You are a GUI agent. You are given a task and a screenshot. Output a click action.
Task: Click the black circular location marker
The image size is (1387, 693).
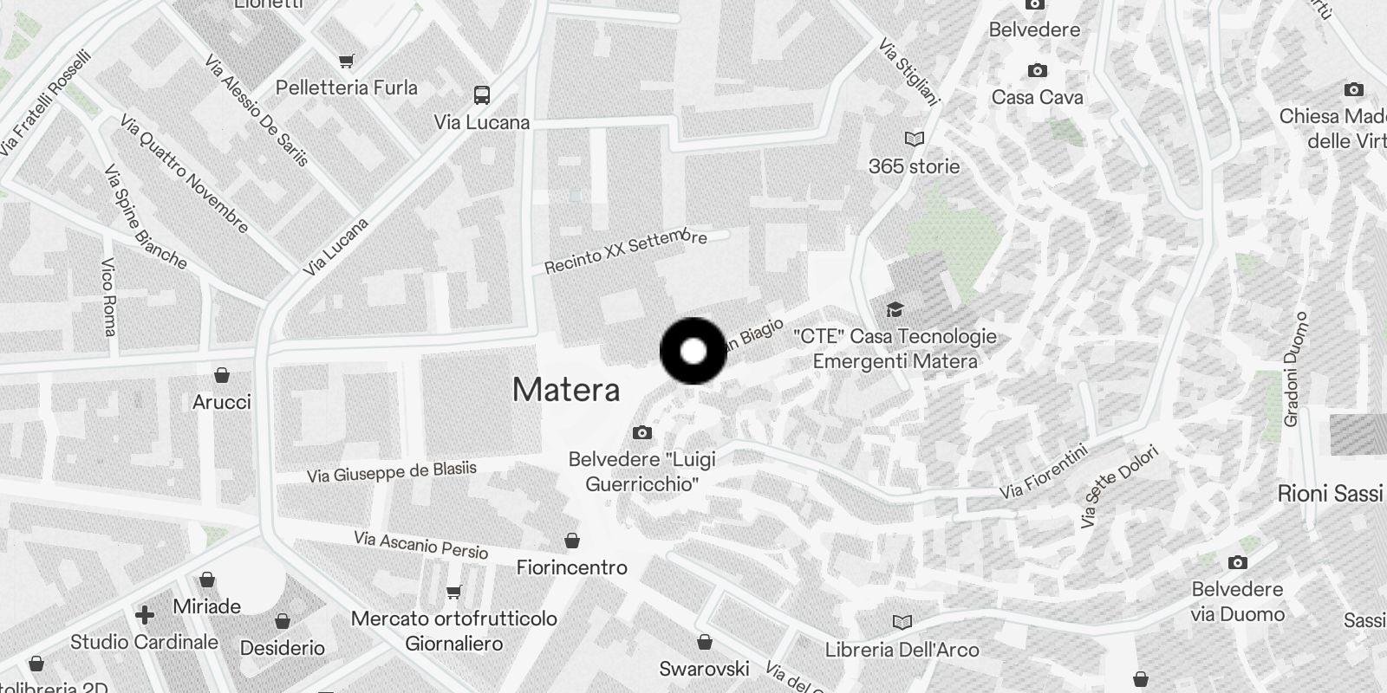[693, 351]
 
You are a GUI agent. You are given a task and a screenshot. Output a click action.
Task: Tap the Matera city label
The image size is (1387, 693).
[566, 390]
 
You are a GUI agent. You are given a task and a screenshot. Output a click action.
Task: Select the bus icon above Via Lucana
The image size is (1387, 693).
[482, 94]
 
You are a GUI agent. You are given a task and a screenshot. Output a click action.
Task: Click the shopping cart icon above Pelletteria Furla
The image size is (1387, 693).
[347, 61]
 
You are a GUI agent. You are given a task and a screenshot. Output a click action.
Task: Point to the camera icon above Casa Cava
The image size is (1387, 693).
[1037, 70]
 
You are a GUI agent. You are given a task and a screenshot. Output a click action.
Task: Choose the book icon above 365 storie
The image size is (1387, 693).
[914, 139]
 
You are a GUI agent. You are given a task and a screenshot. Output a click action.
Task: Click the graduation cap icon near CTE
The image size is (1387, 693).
[895, 309]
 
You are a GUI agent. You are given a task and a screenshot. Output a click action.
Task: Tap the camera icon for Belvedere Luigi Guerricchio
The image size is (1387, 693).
[641, 432]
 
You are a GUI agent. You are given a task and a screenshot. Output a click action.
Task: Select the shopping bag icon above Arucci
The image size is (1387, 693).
[222, 375]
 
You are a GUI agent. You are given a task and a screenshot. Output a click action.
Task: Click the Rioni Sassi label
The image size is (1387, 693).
[1330, 494]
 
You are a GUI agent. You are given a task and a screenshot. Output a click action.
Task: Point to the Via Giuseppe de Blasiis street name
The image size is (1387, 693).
[392, 472]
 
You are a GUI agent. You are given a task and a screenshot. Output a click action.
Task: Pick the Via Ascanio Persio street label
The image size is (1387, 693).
[421, 545]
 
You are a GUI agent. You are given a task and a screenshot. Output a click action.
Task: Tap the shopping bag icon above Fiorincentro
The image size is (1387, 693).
[572, 541]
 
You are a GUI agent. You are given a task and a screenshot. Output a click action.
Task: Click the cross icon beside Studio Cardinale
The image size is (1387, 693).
[145, 615]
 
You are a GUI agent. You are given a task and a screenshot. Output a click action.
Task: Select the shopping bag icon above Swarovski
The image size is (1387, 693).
[705, 642]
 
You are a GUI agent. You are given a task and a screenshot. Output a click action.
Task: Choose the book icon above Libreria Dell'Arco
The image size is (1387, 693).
[902, 622]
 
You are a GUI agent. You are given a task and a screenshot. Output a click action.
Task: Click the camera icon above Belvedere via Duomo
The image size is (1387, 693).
[1238, 563]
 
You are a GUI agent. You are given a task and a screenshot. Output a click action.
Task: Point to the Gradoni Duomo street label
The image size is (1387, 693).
[1293, 369]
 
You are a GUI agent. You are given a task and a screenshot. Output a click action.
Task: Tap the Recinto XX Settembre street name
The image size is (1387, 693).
[626, 252]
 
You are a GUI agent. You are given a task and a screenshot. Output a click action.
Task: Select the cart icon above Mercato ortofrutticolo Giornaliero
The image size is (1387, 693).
[453, 593]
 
